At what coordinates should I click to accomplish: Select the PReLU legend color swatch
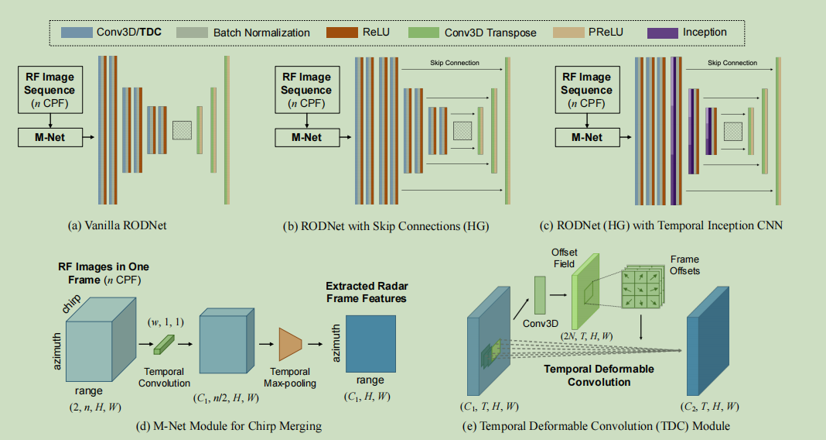pos(568,33)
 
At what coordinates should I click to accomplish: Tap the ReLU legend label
pos(377,33)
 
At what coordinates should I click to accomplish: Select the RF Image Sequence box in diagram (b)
pos(306,91)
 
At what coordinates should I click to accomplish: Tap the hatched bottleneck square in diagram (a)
pos(182,129)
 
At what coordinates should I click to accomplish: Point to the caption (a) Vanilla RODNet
pos(118,226)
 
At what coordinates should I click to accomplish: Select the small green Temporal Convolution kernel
pos(164,342)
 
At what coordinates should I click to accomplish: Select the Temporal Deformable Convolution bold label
pos(599,375)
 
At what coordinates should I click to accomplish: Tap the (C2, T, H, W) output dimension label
pos(709,405)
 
